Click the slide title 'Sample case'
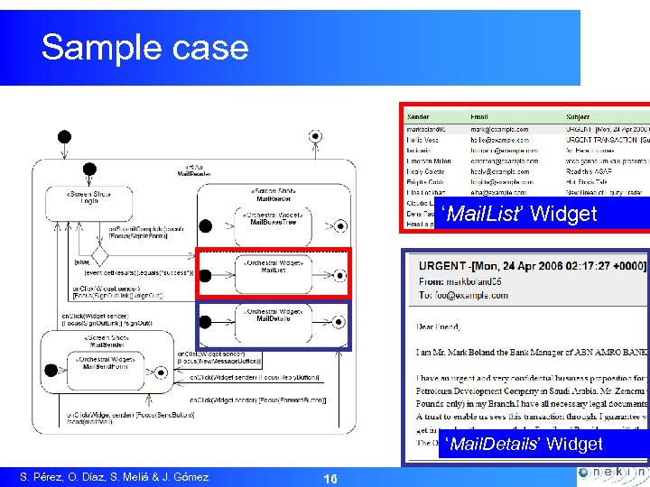[x=144, y=47]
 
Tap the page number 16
[x=330, y=478]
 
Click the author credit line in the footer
[x=115, y=477]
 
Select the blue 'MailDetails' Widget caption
[x=524, y=444]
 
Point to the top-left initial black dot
[x=64, y=137]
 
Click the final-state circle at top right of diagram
[x=315, y=136]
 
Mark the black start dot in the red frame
[x=206, y=275]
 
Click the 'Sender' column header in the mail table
[x=420, y=117]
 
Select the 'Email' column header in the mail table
[x=480, y=117]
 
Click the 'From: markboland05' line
[x=469, y=280]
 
